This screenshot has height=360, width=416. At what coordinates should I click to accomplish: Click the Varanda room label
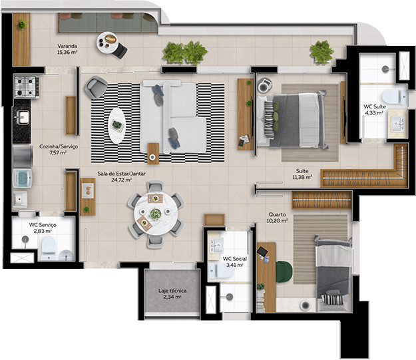coord(67,46)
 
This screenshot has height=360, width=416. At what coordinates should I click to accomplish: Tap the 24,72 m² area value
coord(122,180)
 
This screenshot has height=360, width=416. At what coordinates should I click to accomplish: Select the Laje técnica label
coord(172,291)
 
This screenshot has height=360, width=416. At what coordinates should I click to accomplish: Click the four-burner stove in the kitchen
coord(27,87)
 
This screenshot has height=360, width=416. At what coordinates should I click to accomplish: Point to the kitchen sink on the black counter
coord(23,117)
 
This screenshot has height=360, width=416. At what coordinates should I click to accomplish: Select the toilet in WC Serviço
coord(49,248)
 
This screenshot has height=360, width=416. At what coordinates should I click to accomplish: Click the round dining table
coord(156,214)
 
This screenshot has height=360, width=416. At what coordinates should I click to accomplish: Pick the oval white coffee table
coord(116,126)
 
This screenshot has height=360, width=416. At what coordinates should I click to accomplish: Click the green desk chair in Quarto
coord(284,271)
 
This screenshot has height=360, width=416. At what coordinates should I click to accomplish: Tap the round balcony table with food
coord(107,43)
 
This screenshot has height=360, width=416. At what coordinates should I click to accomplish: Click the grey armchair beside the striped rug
coord(96,87)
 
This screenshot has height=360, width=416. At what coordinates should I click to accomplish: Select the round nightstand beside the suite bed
coord(264,85)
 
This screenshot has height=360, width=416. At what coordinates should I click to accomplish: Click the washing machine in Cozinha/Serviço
coord(22,178)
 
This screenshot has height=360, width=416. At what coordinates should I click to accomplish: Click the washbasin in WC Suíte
coord(397,124)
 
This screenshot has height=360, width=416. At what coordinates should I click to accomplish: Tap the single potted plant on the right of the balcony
coord(321,53)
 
